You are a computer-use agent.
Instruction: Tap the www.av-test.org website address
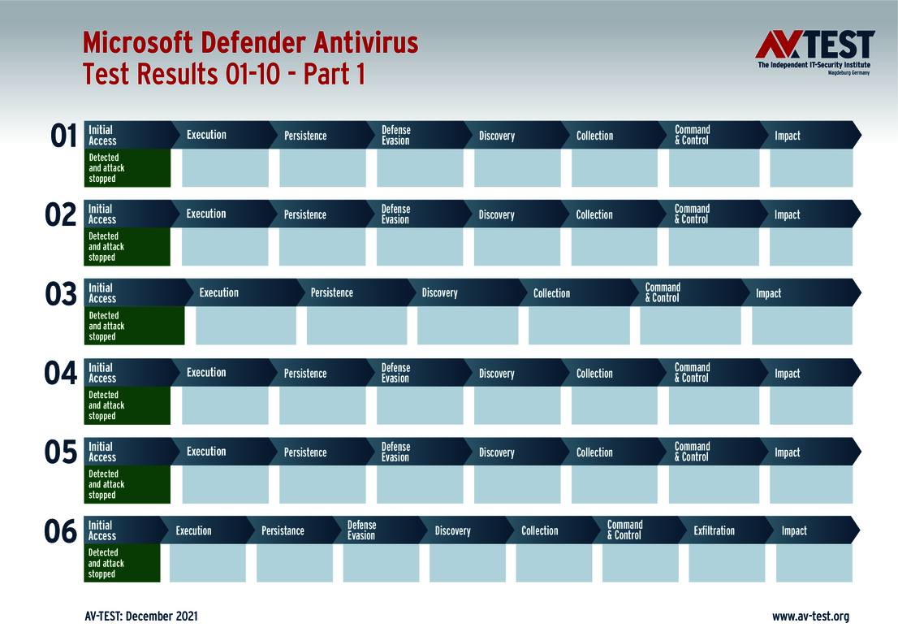[810, 617]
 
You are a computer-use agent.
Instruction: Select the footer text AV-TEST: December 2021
[140, 617]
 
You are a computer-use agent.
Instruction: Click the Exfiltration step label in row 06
[714, 531]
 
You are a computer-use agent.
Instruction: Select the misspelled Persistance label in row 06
[283, 531]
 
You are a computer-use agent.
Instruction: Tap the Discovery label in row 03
[439, 293]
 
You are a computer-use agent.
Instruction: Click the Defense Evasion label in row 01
[396, 136]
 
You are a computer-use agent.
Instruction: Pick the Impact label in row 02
[787, 215]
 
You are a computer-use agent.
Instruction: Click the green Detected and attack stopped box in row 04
[127, 405]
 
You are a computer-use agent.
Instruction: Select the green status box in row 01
[127, 168]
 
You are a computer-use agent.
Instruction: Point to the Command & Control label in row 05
[693, 452]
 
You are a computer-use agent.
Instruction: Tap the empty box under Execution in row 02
[225, 247]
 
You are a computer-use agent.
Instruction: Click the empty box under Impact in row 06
[814, 564]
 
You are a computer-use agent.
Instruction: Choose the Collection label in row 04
[594, 374]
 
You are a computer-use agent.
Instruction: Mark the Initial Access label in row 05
[102, 452]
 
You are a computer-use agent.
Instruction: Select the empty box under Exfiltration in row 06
[727, 564]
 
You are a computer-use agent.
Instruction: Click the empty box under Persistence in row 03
[356, 326]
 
